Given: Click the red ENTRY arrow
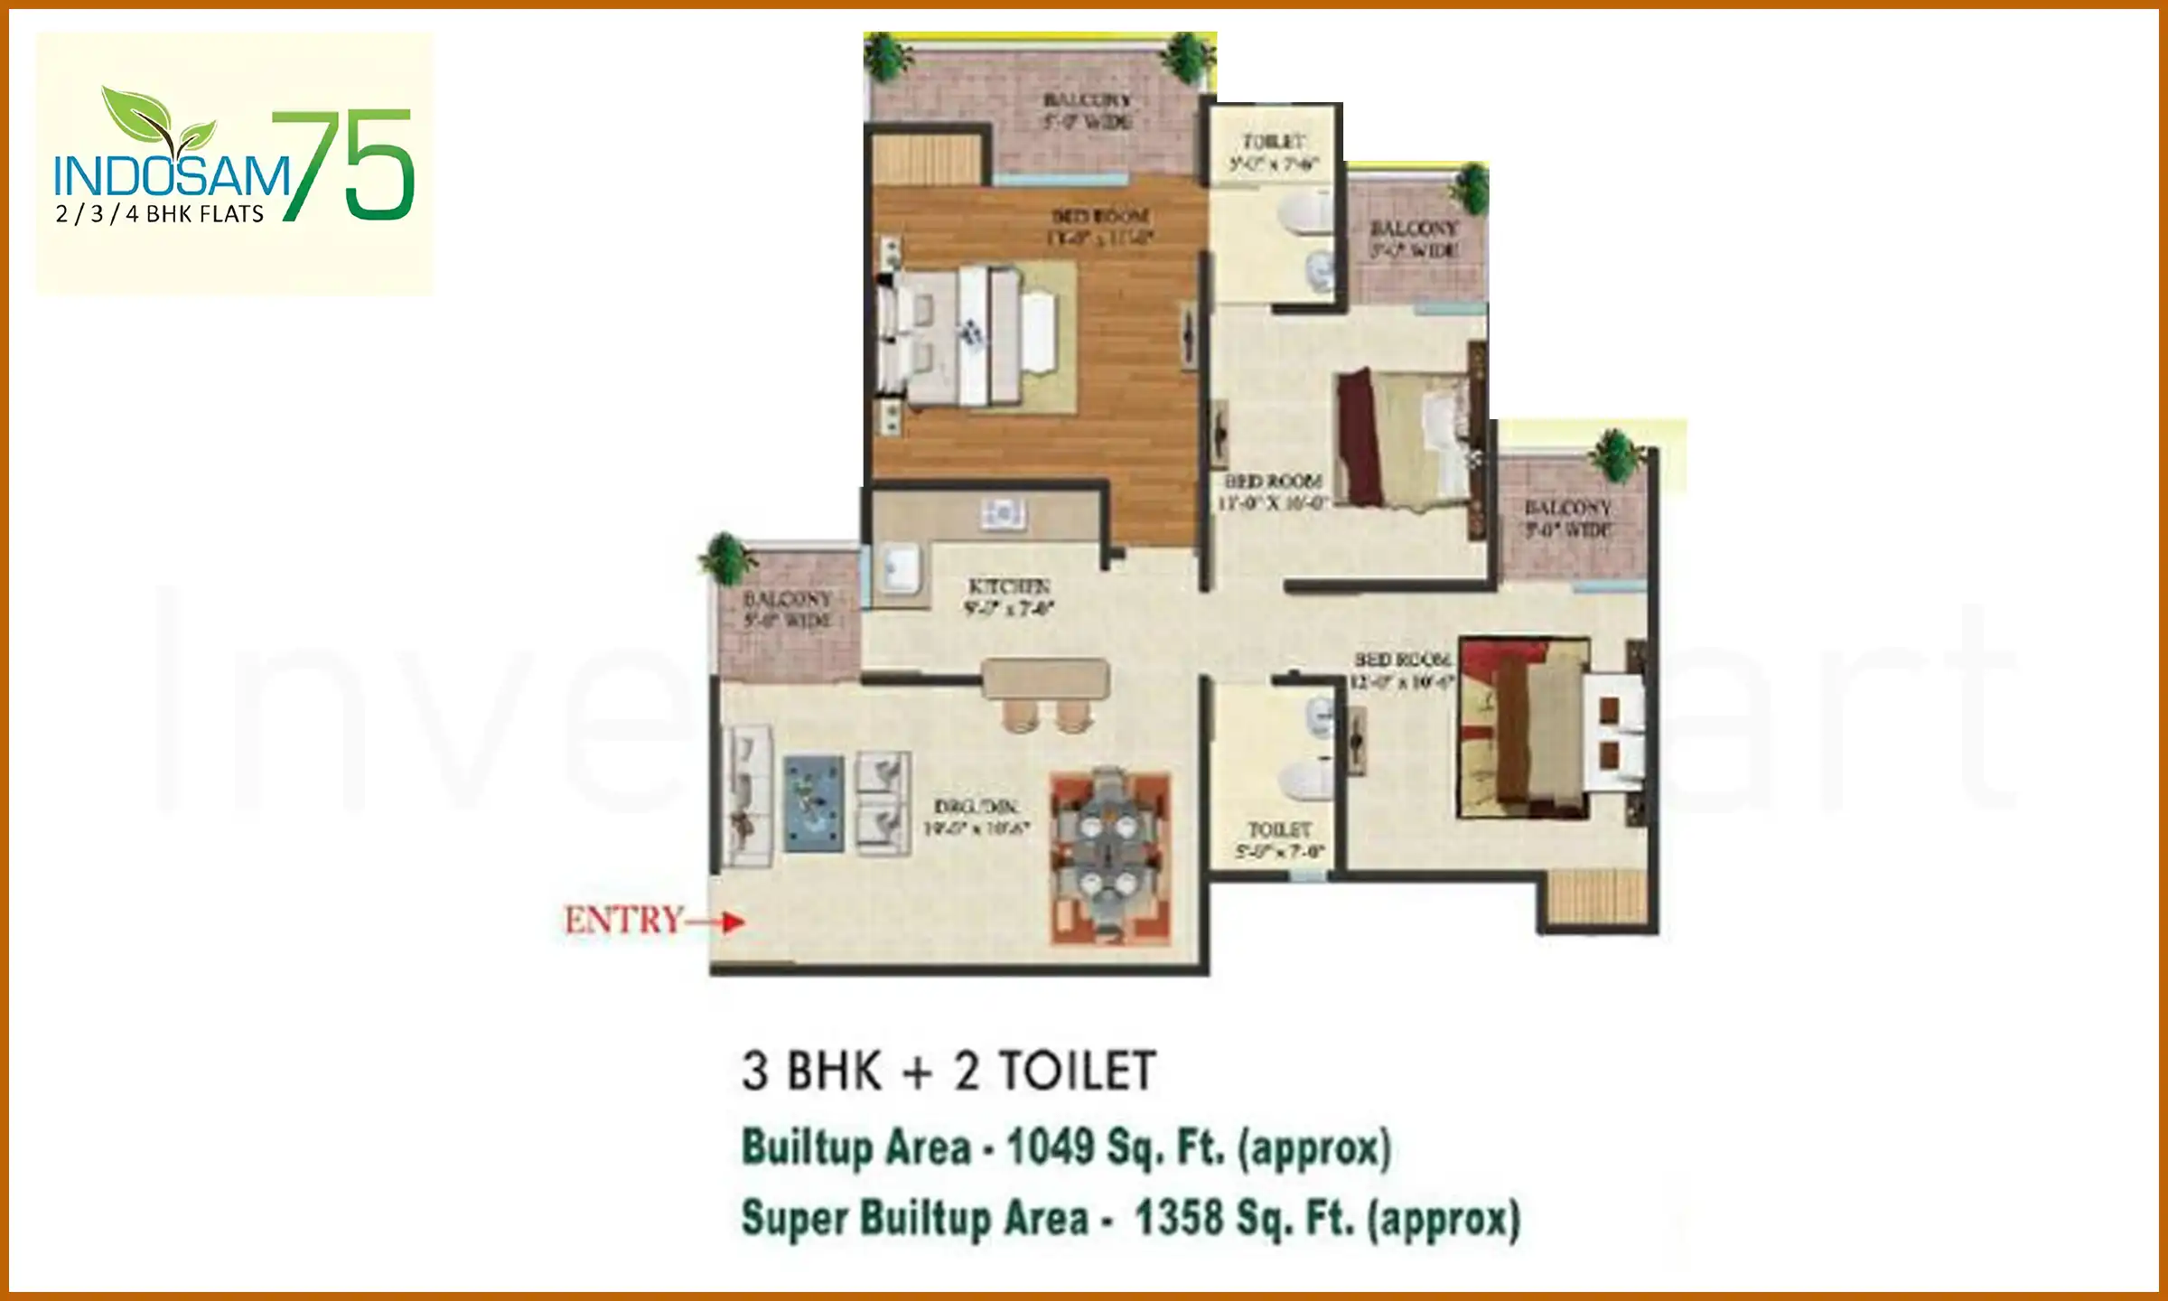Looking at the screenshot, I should (723, 922).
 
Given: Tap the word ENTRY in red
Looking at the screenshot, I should (623, 921).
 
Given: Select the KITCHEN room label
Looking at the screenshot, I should (1008, 596).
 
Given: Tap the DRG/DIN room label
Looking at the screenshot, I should (976, 817).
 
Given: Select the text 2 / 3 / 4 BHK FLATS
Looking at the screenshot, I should (160, 214).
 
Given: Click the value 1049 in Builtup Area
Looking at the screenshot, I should (1050, 1147).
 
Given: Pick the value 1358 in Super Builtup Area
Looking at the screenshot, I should (1178, 1218).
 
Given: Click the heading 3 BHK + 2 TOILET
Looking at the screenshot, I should (948, 1072).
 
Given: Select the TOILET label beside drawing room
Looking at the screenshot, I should (1279, 839).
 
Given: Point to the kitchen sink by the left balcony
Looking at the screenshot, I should (900, 569).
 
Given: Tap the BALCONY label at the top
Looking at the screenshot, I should (1088, 110).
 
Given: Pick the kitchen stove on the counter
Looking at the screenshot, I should (1003, 514).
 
